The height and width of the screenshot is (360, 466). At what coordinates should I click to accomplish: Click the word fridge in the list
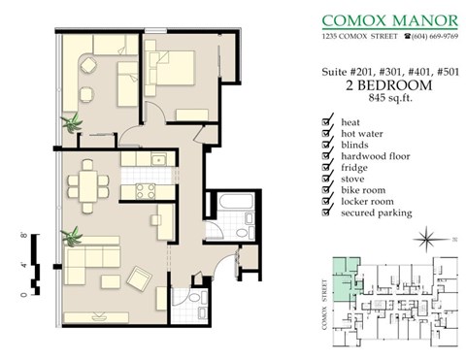coord(355,167)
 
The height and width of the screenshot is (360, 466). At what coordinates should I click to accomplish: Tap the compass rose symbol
coord(426,239)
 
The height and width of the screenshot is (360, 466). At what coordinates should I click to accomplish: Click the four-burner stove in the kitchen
coord(146,190)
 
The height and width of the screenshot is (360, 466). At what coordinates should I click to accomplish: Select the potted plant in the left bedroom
coord(71,122)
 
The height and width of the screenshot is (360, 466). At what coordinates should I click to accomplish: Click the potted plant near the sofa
coord(71,237)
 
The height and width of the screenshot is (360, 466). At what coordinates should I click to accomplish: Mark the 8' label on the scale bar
coord(23,235)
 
